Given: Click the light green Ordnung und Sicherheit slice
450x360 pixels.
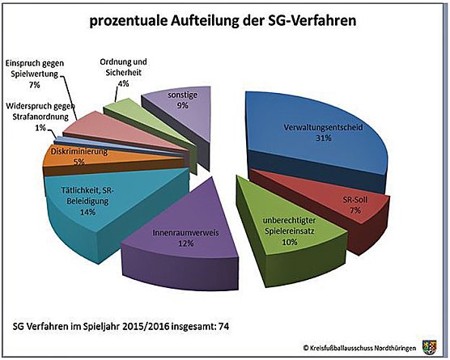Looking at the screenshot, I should coord(119,114).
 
